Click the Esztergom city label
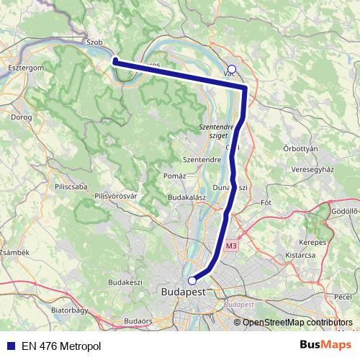(26, 66)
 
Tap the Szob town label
(95, 42)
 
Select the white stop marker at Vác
(231, 70)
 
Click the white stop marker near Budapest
(192, 281)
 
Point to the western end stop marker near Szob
(114, 61)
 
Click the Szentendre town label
(202, 158)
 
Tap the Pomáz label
(174, 176)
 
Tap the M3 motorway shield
(230, 246)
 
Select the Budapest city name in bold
(181, 292)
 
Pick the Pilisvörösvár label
(115, 195)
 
